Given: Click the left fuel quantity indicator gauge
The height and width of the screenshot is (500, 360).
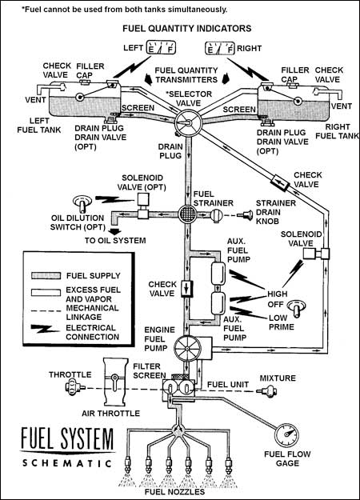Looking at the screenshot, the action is click(161, 47).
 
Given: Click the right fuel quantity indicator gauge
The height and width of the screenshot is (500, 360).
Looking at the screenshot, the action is click(220, 48).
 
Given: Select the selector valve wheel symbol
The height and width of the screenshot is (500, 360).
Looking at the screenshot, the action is click(188, 122).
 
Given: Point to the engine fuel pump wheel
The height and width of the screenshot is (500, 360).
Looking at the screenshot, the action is click(187, 348).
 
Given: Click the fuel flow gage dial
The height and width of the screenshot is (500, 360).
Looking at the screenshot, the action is click(286, 435).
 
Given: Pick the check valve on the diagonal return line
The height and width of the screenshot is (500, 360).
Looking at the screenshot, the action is click(279, 182).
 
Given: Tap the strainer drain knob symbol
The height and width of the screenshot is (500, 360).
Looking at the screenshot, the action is click(247, 214).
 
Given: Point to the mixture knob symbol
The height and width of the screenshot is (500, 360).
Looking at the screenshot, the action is click(268, 391).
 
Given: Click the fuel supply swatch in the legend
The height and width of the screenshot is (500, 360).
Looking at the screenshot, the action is click(46, 275).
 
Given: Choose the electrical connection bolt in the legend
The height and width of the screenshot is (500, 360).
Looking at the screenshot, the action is click(45, 329).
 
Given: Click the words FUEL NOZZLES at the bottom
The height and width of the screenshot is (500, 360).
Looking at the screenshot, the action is click(174, 491).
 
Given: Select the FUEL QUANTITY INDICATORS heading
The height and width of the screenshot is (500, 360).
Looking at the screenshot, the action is click(187, 28).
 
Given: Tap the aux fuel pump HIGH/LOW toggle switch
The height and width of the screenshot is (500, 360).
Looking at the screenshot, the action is click(297, 308).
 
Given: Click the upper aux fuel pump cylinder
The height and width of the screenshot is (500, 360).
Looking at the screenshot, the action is click(218, 273).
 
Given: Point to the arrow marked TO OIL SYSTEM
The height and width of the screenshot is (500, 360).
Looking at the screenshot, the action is click(115, 231).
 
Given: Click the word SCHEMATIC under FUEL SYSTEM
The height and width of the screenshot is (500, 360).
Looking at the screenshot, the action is click(67, 463).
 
